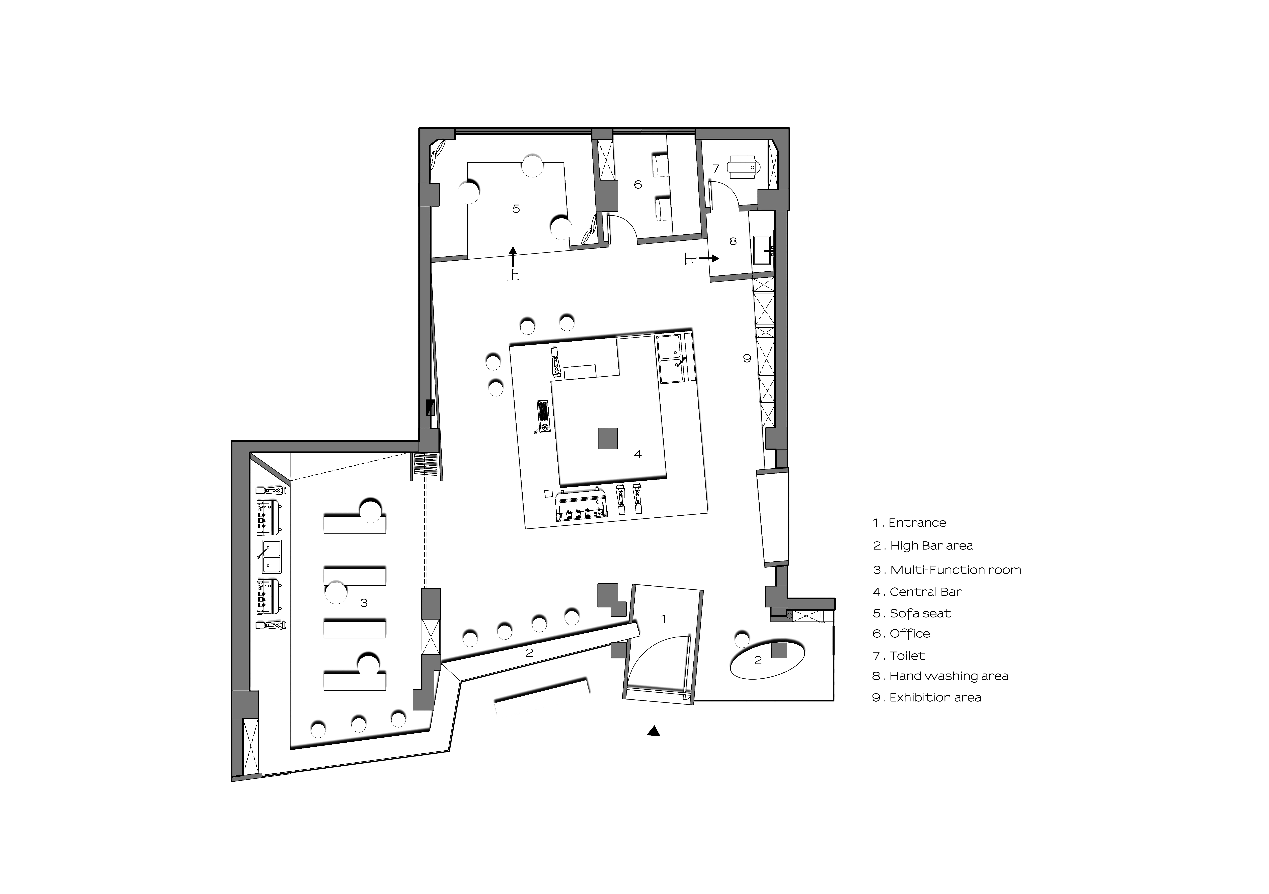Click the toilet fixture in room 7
743,167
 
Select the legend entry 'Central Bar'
918,592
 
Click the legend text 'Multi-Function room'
947,570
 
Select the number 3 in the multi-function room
364,603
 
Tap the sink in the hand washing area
763,250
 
